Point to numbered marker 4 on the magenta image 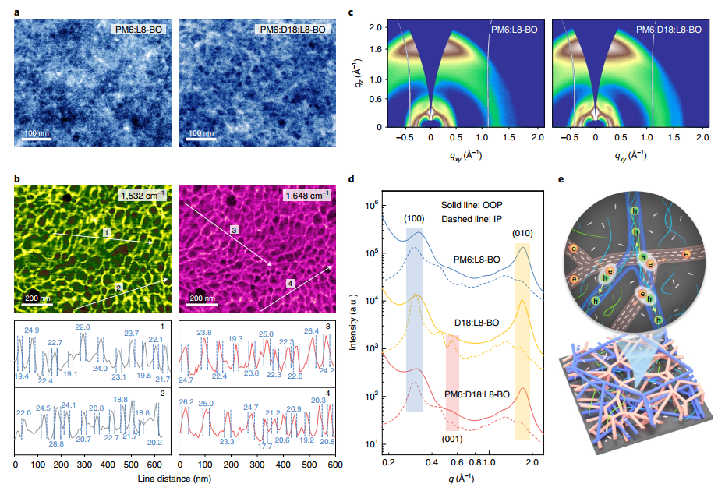click(290, 281)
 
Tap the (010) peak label click(522, 231)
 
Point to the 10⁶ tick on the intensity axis click(372, 204)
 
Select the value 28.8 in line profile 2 click(57, 444)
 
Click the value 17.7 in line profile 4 click(265, 447)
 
